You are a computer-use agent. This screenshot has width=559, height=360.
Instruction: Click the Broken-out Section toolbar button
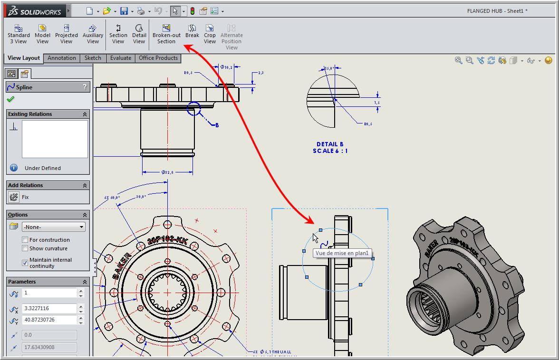166,34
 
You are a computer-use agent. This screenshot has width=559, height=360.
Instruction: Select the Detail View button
139,34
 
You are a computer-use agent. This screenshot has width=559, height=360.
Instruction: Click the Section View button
118,34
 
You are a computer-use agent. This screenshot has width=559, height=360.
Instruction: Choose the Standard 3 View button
19,34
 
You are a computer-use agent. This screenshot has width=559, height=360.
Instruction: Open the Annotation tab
62,58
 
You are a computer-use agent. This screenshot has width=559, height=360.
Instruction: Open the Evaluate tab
121,58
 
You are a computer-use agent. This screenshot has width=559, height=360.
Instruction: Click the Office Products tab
158,58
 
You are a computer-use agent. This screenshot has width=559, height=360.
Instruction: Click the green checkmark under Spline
10,99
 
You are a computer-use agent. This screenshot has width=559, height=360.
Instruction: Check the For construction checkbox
25,240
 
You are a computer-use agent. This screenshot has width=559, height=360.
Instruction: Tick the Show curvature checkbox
25,248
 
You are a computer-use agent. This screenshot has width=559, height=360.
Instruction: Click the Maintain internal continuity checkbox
25,263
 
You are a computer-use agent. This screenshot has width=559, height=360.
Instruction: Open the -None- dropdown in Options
54,227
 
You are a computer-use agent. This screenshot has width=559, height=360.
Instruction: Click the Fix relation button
14,197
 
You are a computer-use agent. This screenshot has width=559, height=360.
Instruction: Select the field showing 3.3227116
49,308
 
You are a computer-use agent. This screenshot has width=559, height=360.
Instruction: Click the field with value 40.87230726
49,320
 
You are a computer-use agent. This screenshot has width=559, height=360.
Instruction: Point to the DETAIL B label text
330,144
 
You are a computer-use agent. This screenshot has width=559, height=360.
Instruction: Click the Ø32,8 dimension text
167,172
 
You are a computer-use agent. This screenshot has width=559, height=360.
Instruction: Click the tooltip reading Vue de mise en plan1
342,253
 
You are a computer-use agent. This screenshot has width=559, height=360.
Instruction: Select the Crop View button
210,34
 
